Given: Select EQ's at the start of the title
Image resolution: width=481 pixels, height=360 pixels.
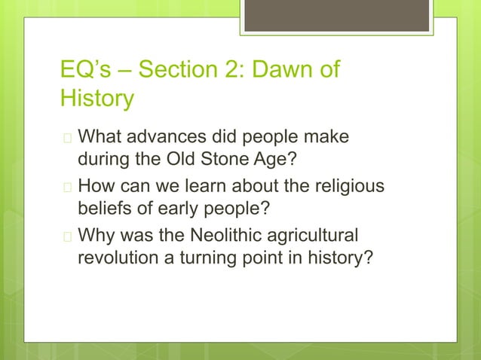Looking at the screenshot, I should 84,72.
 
